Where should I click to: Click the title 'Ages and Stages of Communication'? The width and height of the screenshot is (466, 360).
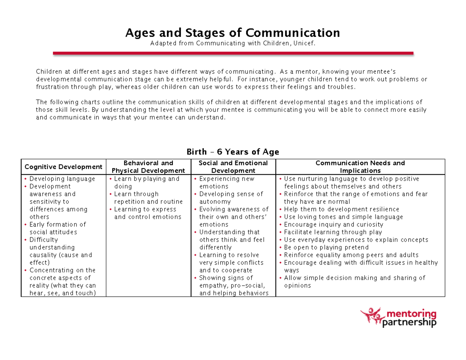(232, 33)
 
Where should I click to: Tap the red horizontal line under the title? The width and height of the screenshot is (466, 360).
(233, 53)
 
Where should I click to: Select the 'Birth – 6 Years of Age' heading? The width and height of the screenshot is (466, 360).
(233, 152)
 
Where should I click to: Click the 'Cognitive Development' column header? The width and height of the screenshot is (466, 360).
(63, 167)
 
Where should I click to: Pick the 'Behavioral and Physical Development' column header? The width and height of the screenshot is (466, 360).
(148, 167)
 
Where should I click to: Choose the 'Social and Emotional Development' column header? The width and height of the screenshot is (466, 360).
(233, 167)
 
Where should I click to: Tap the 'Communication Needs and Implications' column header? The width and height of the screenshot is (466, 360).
(360, 167)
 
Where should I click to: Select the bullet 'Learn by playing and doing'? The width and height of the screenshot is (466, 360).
(146, 183)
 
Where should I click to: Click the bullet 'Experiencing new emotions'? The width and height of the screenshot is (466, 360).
(226, 183)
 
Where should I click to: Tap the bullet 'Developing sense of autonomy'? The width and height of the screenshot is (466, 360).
(231, 198)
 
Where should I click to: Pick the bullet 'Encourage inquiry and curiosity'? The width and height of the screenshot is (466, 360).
(333, 224)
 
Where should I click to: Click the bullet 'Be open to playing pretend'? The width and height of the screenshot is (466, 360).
(326, 247)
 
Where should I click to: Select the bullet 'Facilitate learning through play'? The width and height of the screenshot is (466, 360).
(333, 232)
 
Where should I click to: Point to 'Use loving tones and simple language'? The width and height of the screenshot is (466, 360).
(343, 217)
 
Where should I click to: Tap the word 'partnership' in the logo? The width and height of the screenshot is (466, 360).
(409, 323)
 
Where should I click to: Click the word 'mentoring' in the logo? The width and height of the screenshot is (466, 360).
(411, 314)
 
